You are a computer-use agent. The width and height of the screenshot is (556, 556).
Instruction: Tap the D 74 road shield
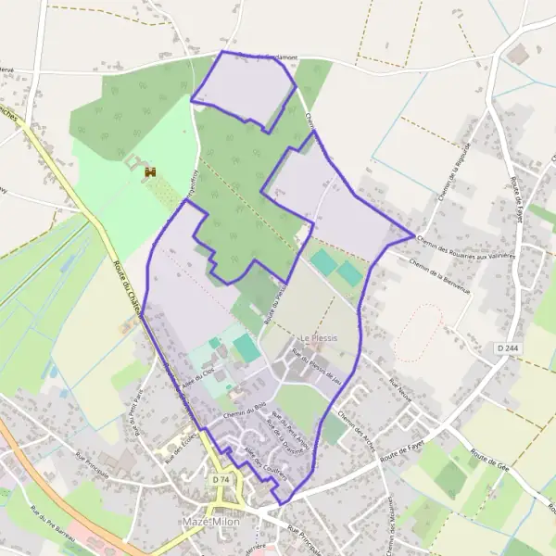click(x=220, y=480)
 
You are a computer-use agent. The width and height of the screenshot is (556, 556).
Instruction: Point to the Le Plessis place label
click(x=318, y=338)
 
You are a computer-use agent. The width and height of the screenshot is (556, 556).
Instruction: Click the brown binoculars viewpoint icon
click(x=149, y=171)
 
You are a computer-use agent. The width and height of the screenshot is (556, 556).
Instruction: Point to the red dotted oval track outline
click(x=416, y=334)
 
